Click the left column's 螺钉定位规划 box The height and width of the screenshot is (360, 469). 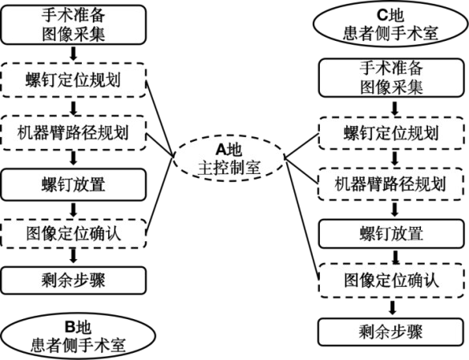click(74, 80)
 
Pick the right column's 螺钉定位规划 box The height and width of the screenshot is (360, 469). click(391, 133)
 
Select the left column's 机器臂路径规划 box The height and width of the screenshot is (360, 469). click(74, 133)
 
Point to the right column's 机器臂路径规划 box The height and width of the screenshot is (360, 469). click(391, 184)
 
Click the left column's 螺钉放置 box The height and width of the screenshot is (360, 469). click(74, 184)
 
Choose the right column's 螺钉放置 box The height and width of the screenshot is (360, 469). click(391, 233)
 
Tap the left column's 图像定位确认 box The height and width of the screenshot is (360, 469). click(74, 233)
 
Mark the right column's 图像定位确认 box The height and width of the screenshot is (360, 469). click(391, 281)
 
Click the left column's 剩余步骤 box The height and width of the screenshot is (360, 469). click(74, 281)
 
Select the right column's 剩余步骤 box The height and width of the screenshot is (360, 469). click(390, 332)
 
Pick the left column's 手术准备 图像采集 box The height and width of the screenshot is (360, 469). click(74, 25)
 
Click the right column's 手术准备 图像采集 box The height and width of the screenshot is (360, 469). click(391, 78)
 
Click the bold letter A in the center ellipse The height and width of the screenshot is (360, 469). click(221, 150)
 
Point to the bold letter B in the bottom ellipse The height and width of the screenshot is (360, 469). click(70, 326)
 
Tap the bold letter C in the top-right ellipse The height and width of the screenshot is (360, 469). click(382, 15)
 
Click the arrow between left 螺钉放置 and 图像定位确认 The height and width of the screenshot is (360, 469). click(74, 210)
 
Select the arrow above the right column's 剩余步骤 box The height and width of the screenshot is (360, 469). click(392, 308)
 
